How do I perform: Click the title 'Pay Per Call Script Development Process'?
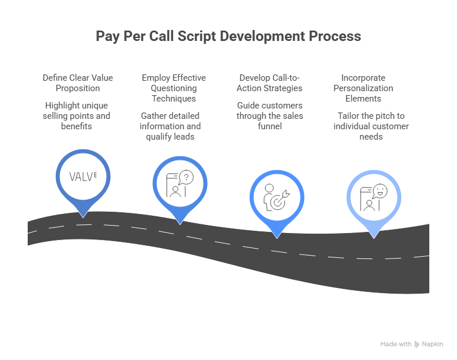coord(228,36)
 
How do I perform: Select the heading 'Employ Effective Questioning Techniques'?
coord(173,88)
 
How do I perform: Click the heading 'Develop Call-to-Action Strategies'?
coord(271,83)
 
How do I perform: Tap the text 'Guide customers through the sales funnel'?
coord(271,115)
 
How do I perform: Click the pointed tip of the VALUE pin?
coord(83,217)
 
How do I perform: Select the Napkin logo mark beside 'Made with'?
coord(417,344)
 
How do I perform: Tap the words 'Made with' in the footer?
coord(395,344)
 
